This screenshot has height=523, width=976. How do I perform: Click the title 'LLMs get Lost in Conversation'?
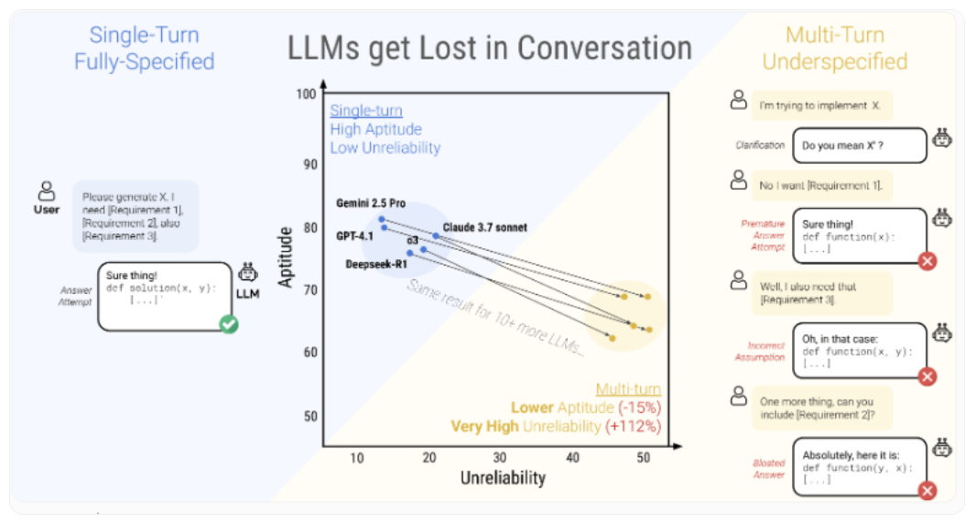tap(490, 48)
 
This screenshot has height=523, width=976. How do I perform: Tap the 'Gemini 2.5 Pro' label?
tap(371, 203)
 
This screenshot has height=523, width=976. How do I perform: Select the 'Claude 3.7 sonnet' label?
tap(485, 227)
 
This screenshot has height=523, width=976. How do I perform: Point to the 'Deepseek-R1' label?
tap(375, 265)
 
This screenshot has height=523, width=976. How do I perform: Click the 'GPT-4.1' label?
tap(354, 235)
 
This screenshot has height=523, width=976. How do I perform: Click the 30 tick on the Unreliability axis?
tap(500, 458)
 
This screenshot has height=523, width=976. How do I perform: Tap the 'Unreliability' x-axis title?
tap(503, 478)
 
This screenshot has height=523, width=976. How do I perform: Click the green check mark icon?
tap(229, 323)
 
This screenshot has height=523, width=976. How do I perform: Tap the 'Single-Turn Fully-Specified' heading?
tap(145, 49)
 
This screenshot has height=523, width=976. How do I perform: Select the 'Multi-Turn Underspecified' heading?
tap(834, 49)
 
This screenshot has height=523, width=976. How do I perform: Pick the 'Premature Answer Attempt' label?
tap(763, 235)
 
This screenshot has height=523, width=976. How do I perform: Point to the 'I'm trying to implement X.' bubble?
tap(820, 105)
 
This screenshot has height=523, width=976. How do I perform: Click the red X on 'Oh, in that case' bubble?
tap(927, 376)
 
